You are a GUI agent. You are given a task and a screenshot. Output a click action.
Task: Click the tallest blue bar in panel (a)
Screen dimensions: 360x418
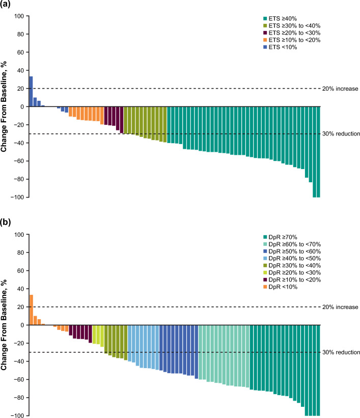point(31,92)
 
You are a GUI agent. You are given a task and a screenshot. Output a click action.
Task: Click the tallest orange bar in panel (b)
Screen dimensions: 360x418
point(31,310)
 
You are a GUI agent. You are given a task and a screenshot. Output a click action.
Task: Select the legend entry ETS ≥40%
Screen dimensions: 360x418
point(280,19)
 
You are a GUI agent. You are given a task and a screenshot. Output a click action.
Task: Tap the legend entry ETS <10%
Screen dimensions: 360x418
point(280,47)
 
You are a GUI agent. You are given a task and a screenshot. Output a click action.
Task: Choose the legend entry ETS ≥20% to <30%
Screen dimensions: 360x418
point(292,33)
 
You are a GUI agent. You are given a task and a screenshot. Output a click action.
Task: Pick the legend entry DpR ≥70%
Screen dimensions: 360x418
point(280,237)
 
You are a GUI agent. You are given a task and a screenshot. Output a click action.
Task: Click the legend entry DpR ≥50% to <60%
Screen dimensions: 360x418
point(292,252)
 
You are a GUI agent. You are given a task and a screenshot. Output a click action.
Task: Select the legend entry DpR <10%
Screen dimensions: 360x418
point(280,287)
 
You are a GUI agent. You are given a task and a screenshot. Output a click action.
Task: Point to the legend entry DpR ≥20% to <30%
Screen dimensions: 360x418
point(292,273)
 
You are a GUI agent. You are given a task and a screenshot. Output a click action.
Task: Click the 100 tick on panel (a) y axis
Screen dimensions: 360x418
point(19,16)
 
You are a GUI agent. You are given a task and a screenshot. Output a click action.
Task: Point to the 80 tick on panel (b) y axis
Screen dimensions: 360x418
point(20,253)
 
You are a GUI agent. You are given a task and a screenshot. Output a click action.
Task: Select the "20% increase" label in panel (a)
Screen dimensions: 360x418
point(340,89)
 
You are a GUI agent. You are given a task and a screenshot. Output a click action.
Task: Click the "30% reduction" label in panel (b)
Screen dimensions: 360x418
point(341,352)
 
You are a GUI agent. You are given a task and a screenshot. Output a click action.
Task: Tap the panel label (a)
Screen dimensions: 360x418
point(5,4)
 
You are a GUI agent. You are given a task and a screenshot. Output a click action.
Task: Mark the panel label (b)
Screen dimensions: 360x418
point(5,222)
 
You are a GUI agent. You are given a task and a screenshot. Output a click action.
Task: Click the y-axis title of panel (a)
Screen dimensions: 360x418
point(4,106)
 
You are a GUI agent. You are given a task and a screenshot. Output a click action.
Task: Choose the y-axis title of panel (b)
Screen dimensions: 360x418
point(4,325)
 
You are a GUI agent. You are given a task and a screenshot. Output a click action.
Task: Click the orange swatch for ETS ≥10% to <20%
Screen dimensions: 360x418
point(265,40)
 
